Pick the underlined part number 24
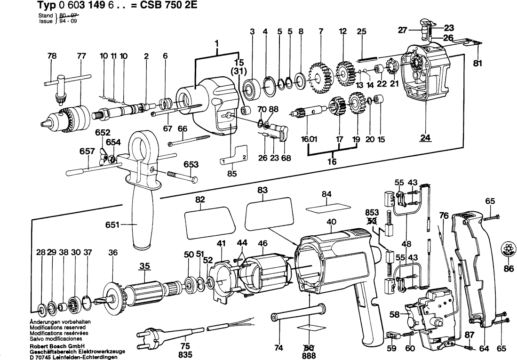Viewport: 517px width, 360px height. click(x=426, y=138)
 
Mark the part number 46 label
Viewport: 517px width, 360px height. click(x=262, y=243)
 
